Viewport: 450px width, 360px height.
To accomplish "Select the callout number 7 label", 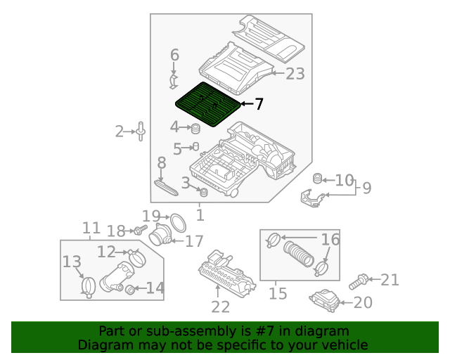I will (259, 105).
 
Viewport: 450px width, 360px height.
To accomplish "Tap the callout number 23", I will (295, 73).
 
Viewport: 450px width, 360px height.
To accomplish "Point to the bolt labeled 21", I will (358, 282).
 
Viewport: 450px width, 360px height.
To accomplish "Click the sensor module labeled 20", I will (325, 301).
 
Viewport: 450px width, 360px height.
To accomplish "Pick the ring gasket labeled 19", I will (179, 223).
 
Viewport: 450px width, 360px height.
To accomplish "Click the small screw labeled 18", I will (139, 230).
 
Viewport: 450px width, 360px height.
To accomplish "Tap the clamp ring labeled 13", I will (89, 285).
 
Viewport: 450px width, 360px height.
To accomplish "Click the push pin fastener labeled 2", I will (141, 131).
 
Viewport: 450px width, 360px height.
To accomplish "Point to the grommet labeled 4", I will (196, 129).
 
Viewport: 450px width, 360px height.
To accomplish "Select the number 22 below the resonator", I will (221, 307).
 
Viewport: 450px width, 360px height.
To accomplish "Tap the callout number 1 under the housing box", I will (200, 214).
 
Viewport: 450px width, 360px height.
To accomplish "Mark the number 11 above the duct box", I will (91, 228).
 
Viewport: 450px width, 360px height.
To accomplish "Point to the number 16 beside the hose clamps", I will (330, 240).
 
